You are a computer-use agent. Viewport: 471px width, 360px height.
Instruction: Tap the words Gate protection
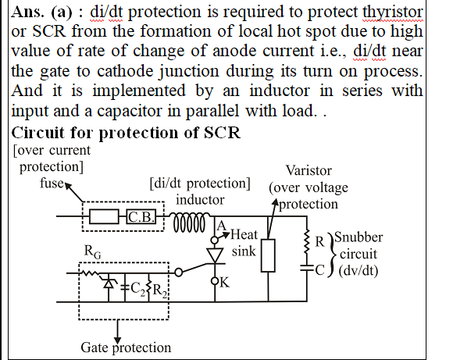point(125,347)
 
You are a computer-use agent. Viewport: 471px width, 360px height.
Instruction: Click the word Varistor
point(309,170)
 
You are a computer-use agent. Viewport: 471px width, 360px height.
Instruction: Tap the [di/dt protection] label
point(199,184)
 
